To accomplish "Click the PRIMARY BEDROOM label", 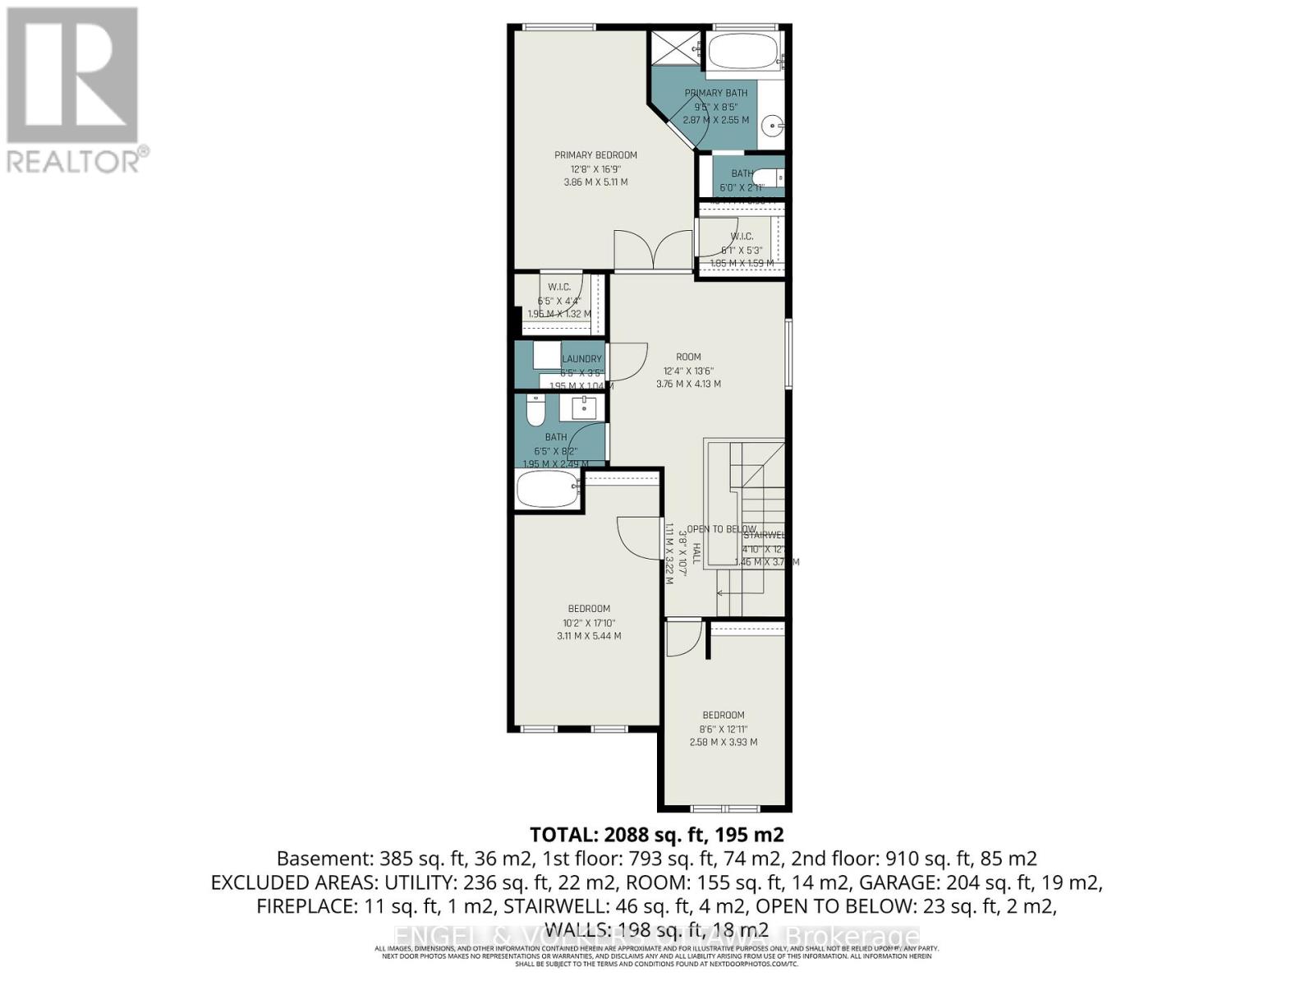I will [595, 155].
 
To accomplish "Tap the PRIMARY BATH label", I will [715, 93].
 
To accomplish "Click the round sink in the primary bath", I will [773, 127].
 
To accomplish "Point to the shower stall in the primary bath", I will [676, 48].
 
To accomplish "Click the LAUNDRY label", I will [582, 359].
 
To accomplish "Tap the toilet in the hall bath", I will [535, 410].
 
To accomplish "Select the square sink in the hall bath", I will [584, 407].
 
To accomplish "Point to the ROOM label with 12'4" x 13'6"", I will [688, 357].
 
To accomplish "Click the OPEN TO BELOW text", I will [721, 529].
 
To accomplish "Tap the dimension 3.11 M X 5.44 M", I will [589, 636].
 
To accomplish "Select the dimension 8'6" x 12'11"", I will [723, 729].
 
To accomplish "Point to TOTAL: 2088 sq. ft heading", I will [656, 835].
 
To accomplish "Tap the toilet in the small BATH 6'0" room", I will [770, 178].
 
